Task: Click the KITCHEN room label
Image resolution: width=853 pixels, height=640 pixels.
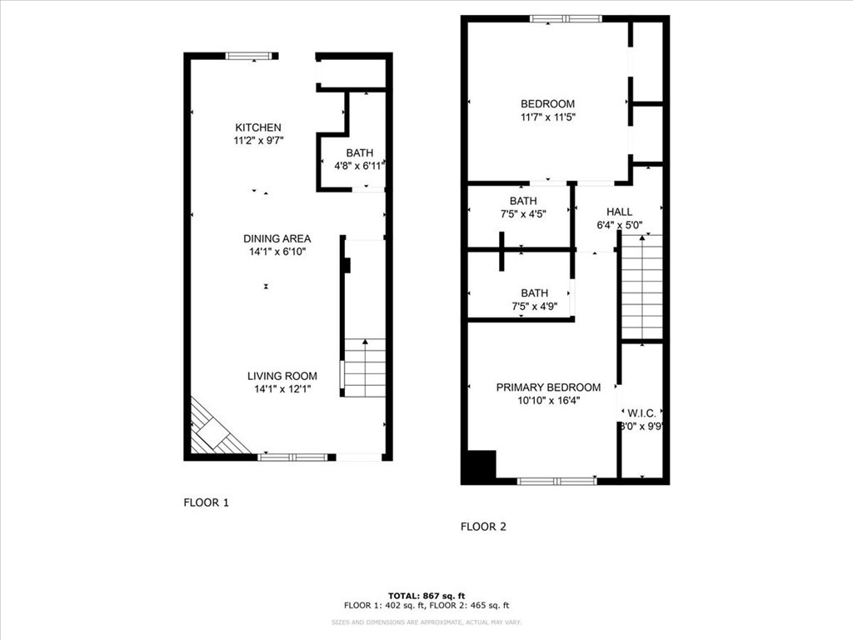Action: [x=257, y=127]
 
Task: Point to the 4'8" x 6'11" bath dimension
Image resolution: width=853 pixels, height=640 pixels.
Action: [x=360, y=166]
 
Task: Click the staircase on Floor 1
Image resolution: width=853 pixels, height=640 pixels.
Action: [x=365, y=367]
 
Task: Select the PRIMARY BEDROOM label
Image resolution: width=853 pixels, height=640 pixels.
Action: [x=548, y=387]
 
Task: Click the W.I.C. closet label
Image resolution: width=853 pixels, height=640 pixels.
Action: [x=641, y=412]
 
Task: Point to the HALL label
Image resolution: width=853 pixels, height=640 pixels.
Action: [x=619, y=212]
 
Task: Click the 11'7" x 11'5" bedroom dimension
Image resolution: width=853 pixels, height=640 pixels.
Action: [x=547, y=117]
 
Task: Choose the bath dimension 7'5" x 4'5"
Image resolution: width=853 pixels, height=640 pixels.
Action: [x=523, y=214]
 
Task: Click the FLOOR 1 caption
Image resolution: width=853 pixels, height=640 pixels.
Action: [x=206, y=502]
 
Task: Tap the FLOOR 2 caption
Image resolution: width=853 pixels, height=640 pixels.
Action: [x=483, y=527]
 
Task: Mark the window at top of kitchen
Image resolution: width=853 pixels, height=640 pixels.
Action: [x=249, y=56]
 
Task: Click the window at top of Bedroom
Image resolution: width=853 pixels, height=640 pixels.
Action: [x=565, y=18]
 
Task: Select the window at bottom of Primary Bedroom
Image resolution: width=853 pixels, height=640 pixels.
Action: [x=556, y=481]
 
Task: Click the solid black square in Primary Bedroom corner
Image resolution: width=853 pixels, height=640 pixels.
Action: [x=479, y=467]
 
